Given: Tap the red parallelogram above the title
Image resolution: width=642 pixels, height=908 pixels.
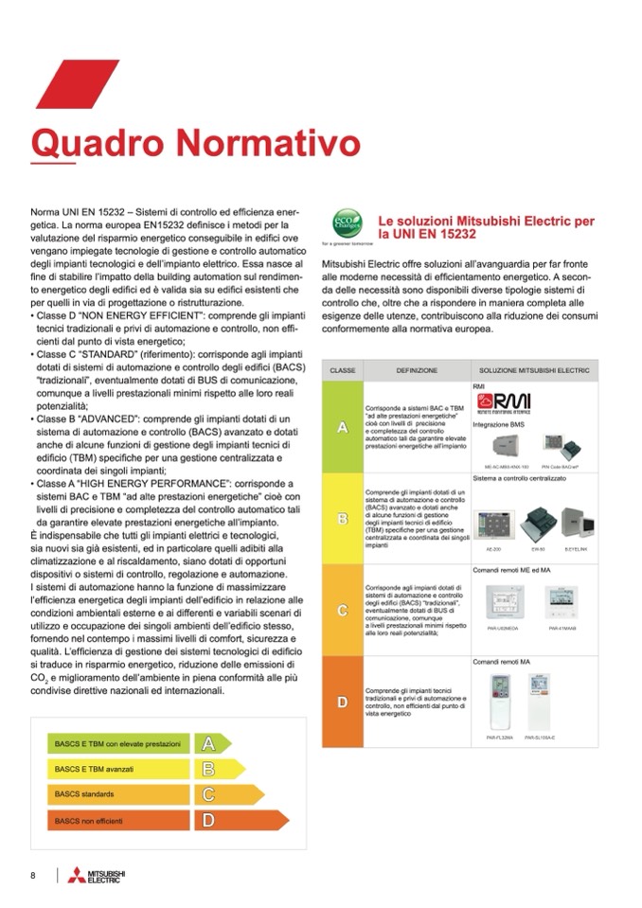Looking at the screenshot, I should point(64,84).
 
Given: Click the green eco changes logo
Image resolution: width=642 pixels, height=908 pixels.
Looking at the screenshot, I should point(344,224).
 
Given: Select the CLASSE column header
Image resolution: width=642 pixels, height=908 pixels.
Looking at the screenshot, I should point(342,369).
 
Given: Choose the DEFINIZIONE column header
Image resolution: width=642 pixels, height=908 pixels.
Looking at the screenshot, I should point(417,369).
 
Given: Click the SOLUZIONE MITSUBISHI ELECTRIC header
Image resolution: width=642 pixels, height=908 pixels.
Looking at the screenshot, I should point(534,369).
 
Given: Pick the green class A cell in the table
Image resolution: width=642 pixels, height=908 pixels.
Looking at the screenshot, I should point(342,427).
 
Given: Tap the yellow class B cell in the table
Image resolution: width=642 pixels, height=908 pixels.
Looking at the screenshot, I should point(342,519).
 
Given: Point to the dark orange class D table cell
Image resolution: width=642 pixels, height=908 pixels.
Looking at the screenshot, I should point(342,702).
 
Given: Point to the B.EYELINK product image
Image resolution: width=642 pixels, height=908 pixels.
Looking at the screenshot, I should point(576,524).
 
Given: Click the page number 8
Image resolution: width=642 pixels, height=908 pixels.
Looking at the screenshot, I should point(33,875).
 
